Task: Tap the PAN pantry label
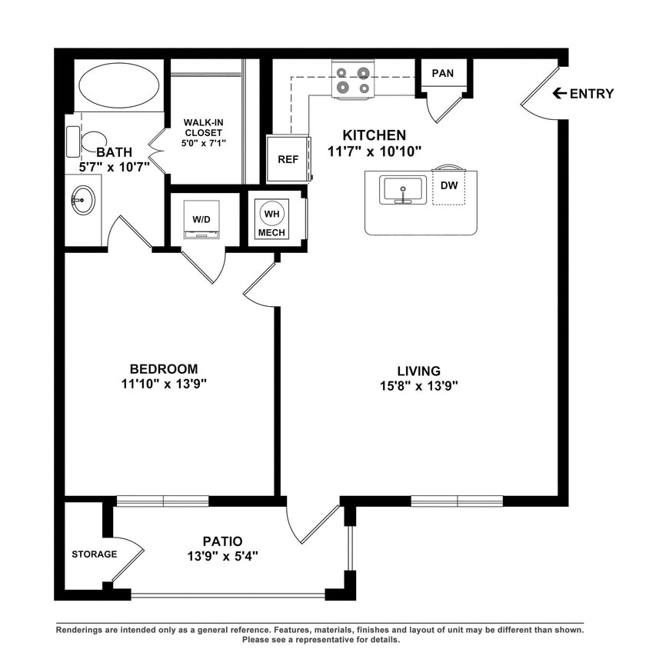pos(442,73)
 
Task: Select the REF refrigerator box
pos(288,159)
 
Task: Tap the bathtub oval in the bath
pos(119,85)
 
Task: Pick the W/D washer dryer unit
pos(201,220)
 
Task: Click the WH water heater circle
pos(271,213)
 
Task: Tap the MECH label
pos(271,232)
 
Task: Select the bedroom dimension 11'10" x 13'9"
pos(163,384)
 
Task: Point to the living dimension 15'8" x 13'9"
pos(418,386)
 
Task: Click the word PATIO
pos(224,540)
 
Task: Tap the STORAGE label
pos(94,554)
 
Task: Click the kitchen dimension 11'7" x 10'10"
pos(374,151)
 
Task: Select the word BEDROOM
pos(163,368)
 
